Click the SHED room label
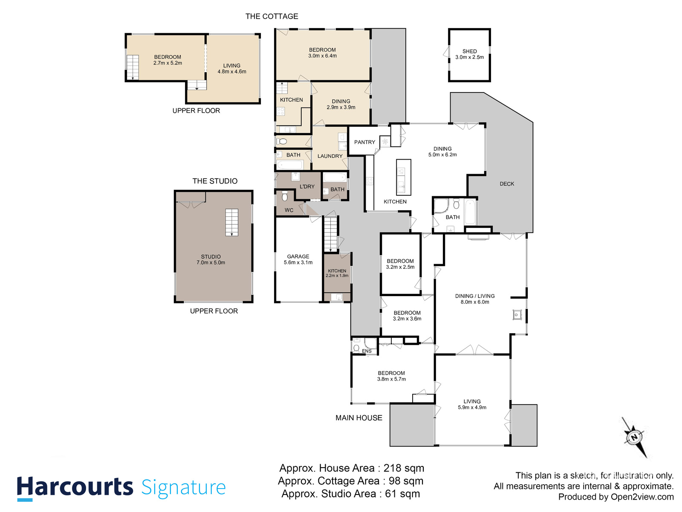pos(469,51)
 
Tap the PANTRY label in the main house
pos(364,142)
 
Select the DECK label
pos(506,184)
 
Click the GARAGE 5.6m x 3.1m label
pos(298,259)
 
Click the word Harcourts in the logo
pos(75,487)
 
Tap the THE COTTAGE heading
pos(272,16)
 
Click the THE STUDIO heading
pos(215,181)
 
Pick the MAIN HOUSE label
pos(358,418)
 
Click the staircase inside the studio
pos(231,222)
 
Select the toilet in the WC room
pos(285,196)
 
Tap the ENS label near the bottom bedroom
pos(366,351)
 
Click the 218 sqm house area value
pos(404,468)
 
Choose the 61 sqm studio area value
pos(402,494)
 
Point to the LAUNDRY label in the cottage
pos(329,156)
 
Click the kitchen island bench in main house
pos(403,177)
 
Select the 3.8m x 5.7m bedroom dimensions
pos(391,379)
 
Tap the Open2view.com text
pos(642,497)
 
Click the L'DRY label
pos(307,186)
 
